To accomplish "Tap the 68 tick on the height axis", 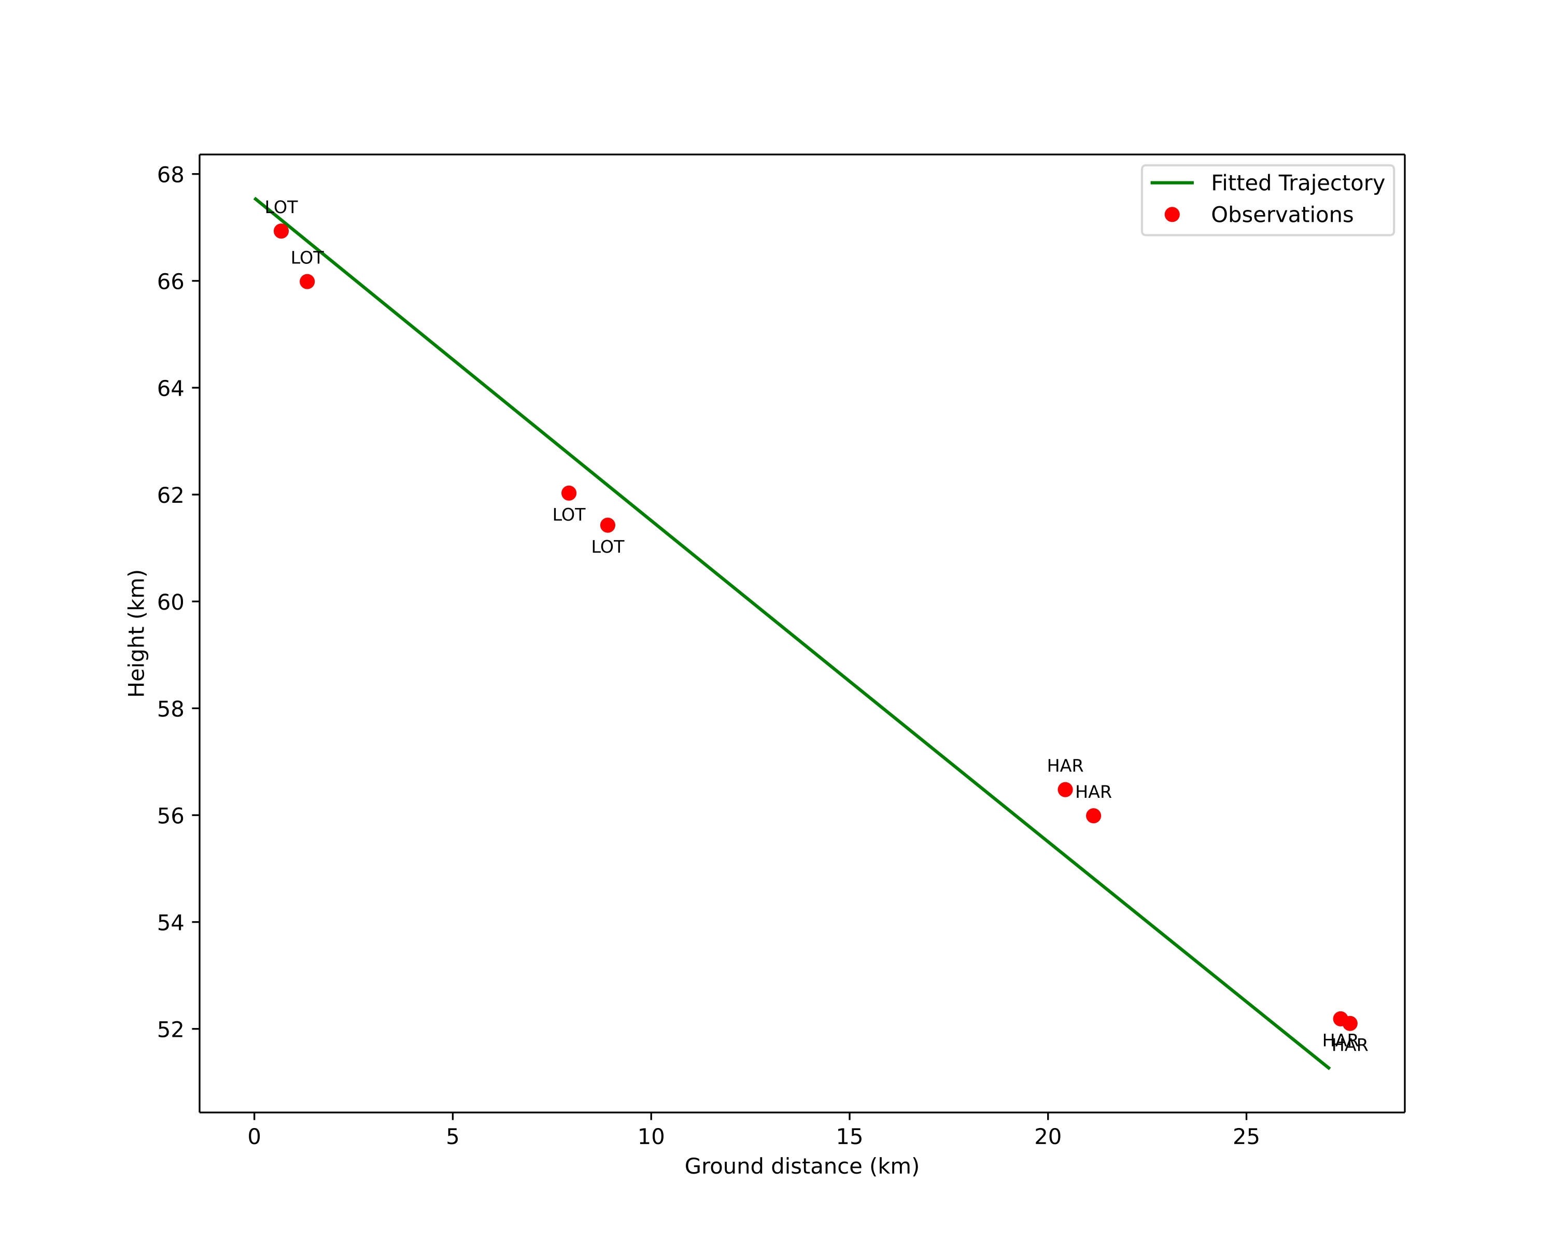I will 171,175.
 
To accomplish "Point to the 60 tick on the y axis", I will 171,602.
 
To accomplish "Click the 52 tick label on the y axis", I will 171,1029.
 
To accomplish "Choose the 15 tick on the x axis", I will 849,1136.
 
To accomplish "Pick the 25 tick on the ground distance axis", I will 1246,1136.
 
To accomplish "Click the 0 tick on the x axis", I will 254,1136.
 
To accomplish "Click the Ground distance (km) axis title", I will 801,1166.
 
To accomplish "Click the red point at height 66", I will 307,281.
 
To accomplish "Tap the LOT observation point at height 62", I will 569,494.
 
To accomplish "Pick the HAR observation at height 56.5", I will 1065,790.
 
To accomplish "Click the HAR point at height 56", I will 1093,815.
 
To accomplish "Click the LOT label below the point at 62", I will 568,515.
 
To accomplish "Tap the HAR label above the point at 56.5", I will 1065,766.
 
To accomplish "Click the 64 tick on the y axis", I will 171,388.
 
